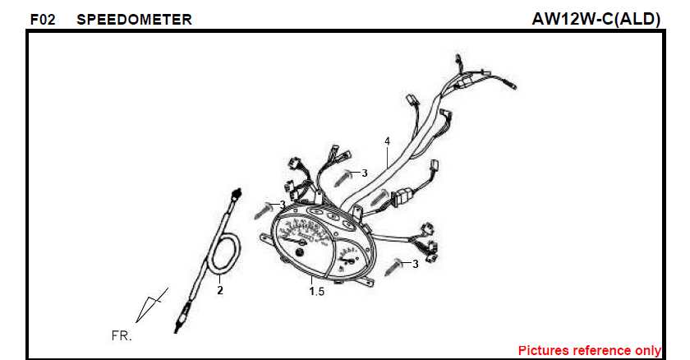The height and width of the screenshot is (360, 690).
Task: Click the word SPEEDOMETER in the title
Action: [x=134, y=20]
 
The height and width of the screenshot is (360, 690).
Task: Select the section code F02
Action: [x=43, y=20]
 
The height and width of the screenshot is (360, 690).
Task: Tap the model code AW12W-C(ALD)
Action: [x=596, y=19]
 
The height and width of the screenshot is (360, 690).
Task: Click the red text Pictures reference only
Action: [x=589, y=350]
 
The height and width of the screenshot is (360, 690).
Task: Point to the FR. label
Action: [x=122, y=336]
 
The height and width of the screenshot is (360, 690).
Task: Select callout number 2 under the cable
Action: [x=220, y=290]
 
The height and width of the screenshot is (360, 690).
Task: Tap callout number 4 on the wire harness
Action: [x=387, y=141]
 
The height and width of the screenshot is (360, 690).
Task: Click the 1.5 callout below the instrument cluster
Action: [x=317, y=291]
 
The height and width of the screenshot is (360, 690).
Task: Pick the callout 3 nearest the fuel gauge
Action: [x=416, y=264]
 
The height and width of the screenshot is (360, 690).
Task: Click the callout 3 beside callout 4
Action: [x=365, y=173]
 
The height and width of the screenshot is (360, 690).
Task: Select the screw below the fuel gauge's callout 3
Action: [x=393, y=268]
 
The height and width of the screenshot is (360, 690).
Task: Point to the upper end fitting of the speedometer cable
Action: [x=237, y=194]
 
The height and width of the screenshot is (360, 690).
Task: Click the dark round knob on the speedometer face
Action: [x=299, y=253]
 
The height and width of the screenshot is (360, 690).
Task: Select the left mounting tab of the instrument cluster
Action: [x=266, y=237]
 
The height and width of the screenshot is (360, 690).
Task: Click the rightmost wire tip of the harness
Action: [x=513, y=85]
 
